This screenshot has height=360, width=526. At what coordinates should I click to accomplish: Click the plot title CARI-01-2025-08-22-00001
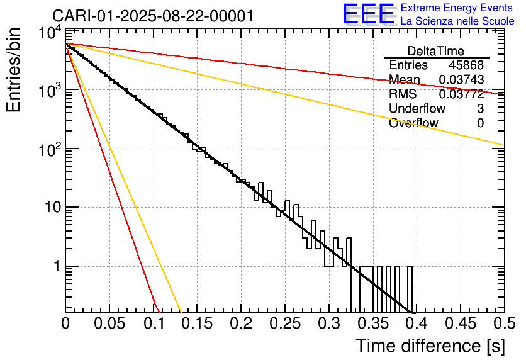153,16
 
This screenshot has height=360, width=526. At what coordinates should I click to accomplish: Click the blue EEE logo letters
368,13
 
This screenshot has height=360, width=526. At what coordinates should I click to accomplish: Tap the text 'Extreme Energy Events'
457,8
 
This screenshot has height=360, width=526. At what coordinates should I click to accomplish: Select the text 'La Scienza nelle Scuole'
457,21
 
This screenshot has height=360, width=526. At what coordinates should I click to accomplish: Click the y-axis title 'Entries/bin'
13,70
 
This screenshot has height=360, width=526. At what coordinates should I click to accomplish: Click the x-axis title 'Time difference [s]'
430,346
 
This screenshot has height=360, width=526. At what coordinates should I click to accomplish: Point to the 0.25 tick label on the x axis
285,323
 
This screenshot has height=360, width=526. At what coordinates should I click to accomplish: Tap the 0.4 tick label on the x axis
416,323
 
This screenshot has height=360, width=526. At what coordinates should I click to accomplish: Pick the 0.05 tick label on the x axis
109,323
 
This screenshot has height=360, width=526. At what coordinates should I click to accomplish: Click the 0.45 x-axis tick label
461,323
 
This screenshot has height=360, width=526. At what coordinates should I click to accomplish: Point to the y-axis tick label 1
57,266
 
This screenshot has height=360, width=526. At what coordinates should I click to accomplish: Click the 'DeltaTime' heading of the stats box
436,51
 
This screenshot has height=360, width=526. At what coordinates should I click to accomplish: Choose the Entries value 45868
466,65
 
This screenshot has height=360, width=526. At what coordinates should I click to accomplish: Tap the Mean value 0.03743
461,79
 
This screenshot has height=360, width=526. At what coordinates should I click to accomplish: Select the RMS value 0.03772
461,94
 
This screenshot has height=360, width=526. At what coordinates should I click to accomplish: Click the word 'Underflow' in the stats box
417,108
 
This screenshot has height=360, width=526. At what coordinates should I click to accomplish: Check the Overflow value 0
480,123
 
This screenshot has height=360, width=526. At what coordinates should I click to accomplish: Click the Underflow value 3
480,108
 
